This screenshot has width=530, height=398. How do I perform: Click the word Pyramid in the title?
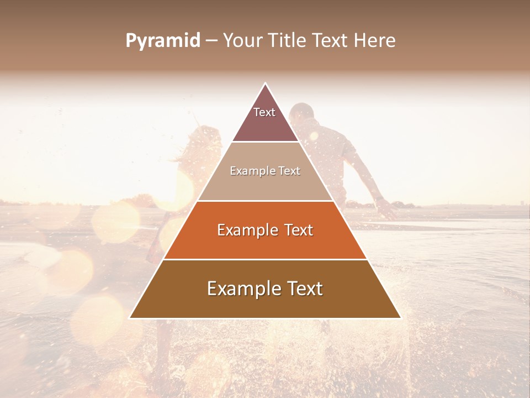[162, 41]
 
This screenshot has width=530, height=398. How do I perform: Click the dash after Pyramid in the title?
[211, 41]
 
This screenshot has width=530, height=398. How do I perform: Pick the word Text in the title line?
[331, 40]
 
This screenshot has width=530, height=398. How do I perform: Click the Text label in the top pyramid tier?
[264, 112]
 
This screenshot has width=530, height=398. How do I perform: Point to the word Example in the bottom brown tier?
[242, 289]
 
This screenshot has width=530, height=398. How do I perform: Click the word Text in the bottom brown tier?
[303, 289]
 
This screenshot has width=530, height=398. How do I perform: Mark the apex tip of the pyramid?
[265, 84]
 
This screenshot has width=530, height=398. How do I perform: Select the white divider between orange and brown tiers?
[265, 259]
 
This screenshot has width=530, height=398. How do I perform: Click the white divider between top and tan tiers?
[265, 142]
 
